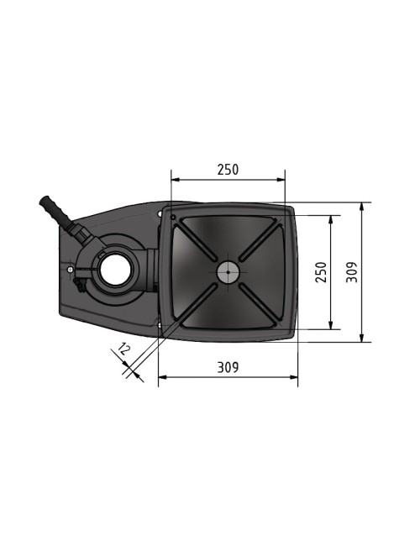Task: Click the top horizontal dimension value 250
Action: [228, 169]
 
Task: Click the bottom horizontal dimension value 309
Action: [228, 367]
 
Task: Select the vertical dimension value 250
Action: [321, 272]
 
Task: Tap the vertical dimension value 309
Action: [352, 272]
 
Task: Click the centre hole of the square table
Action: [228, 272]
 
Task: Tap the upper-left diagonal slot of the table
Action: [199, 244]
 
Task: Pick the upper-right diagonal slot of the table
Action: [257, 244]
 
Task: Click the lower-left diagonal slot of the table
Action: [199, 302]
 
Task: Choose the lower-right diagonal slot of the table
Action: [257, 302]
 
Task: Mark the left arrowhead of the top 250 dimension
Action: [174, 179]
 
